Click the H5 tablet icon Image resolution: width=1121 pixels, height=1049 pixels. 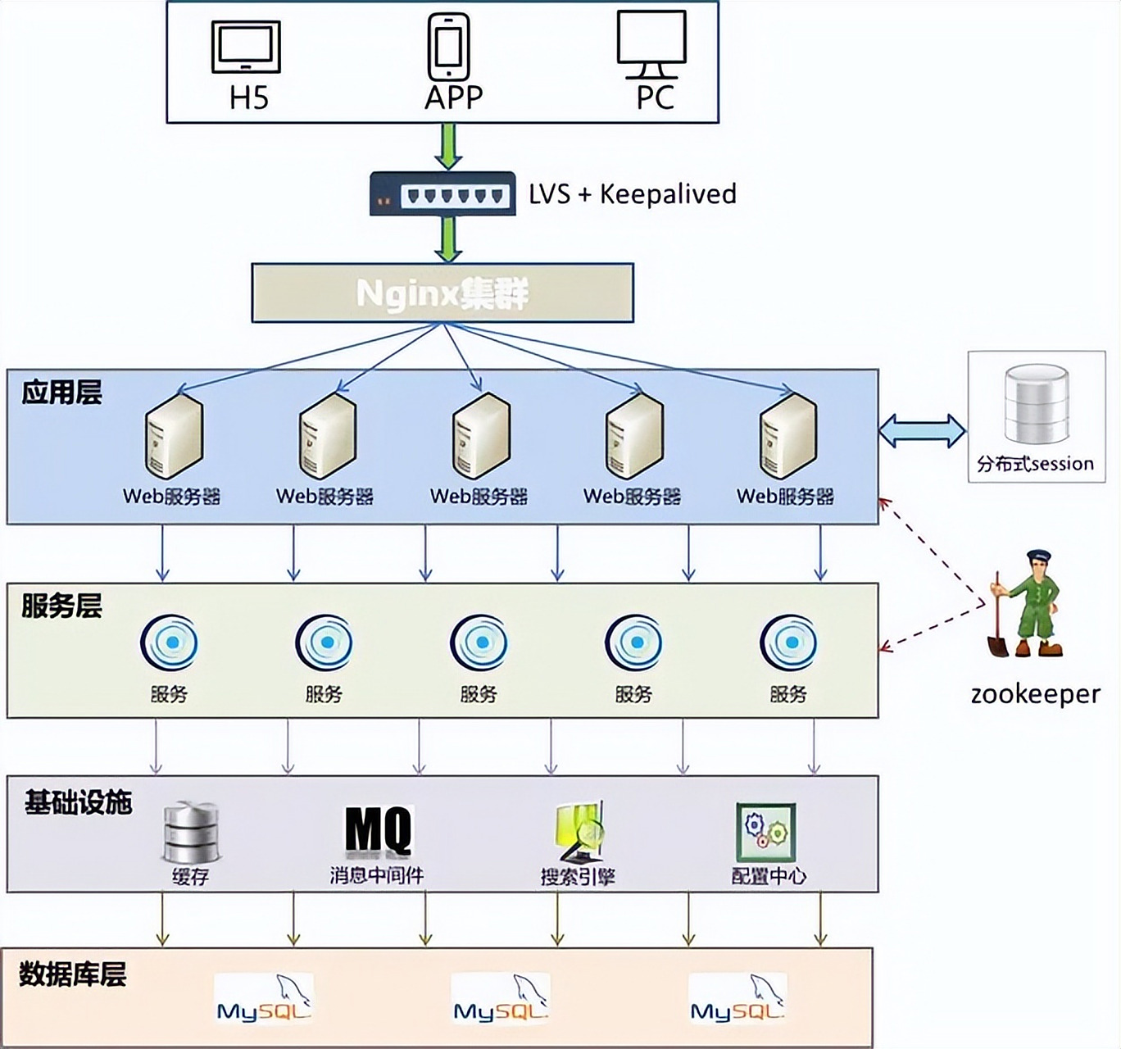pyautogui.click(x=246, y=48)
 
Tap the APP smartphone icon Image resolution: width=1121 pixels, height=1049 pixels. pyautogui.click(x=448, y=47)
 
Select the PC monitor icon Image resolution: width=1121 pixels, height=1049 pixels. pyautogui.click(x=651, y=43)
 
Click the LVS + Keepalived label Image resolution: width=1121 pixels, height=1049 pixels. pyautogui.click(x=632, y=194)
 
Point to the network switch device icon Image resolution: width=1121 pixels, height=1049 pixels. pyautogui.click(x=442, y=194)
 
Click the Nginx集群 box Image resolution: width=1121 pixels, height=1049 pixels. pyautogui.click(x=442, y=293)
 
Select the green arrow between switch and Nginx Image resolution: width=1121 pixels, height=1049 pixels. pyautogui.click(x=447, y=239)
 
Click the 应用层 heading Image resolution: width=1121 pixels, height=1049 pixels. pyautogui.click(x=61, y=393)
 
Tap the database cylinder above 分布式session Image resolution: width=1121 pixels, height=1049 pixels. pyautogui.click(x=1037, y=403)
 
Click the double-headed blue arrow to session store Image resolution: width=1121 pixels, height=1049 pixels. pyautogui.click(x=923, y=430)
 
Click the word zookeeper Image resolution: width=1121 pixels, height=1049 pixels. pyautogui.click(x=1035, y=694)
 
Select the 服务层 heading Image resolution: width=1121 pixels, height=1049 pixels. pyautogui.click(x=61, y=606)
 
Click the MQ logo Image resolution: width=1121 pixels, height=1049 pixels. pyautogui.click(x=378, y=829)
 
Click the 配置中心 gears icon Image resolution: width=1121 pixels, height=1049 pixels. pyautogui.click(x=766, y=831)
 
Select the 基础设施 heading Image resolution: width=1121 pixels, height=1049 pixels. pyautogui.click(x=78, y=802)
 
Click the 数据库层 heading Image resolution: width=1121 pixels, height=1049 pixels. pyautogui.click(x=72, y=974)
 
